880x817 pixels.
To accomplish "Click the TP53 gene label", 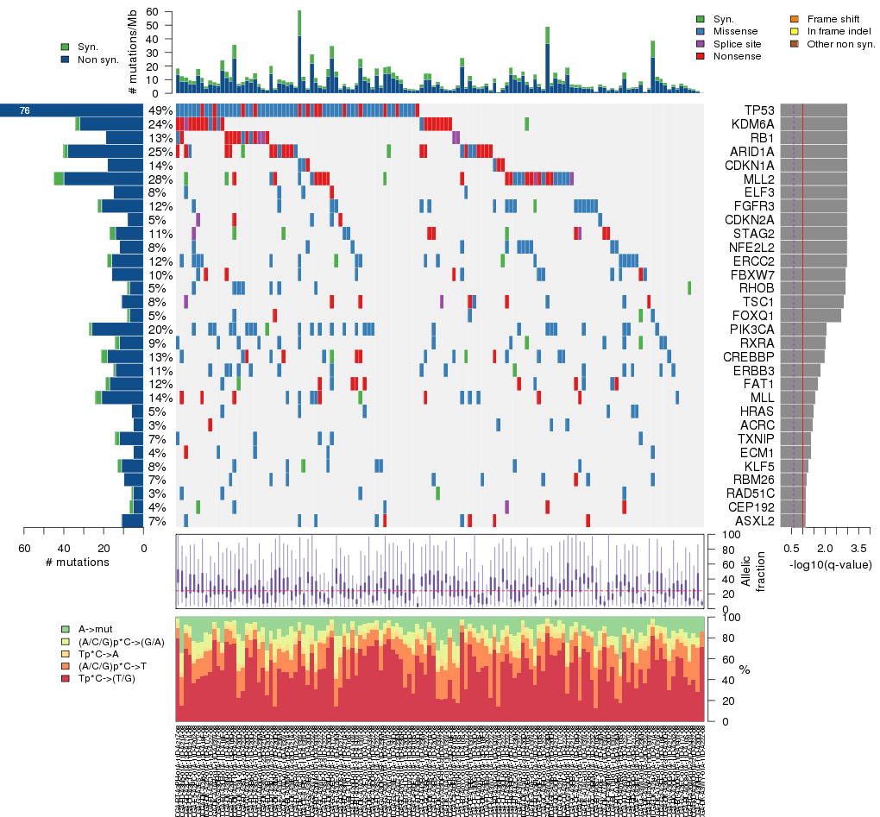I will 757,110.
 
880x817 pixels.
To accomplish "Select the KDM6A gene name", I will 751,124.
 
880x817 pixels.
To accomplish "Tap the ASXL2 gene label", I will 753,521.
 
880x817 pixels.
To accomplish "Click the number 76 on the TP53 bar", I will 24,110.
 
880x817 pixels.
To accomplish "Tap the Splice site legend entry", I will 739,44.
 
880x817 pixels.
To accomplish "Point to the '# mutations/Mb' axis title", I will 132,53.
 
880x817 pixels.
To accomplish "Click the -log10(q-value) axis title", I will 830,565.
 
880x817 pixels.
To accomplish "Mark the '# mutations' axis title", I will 77,562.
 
